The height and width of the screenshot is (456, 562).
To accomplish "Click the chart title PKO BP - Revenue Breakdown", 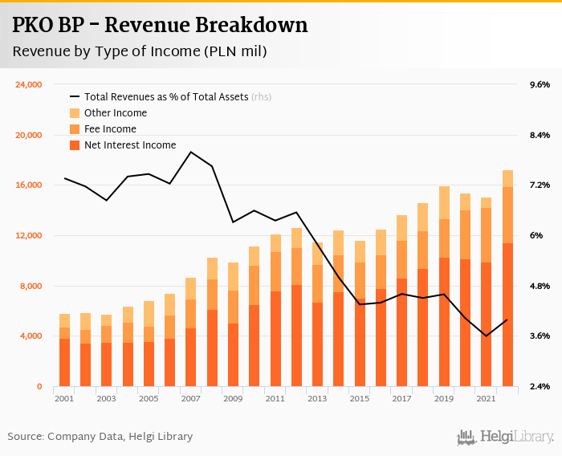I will click(x=160, y=25).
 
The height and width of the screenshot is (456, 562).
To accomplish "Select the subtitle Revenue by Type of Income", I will click(x=140, y=52).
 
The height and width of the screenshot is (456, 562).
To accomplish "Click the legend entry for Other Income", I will click(x=116, y=113).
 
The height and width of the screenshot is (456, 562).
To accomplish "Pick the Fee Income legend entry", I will click(x=110, y=129).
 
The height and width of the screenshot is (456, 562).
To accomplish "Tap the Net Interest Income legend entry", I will click(x=129, y=145).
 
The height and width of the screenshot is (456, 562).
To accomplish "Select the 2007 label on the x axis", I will click(x=190, y=398).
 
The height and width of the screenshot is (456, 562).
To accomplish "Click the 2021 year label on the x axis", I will click(x=486, y=398).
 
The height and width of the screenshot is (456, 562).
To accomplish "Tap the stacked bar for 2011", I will click(x=275, y=310).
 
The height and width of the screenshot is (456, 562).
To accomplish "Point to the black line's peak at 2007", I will click(x=191, y=152).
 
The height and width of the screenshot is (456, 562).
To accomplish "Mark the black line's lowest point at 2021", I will click(x=487, y=336).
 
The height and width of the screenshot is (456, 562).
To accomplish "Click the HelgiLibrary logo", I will click(x=505, y=437).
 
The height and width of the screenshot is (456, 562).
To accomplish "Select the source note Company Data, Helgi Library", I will click(x=100, y=436).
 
